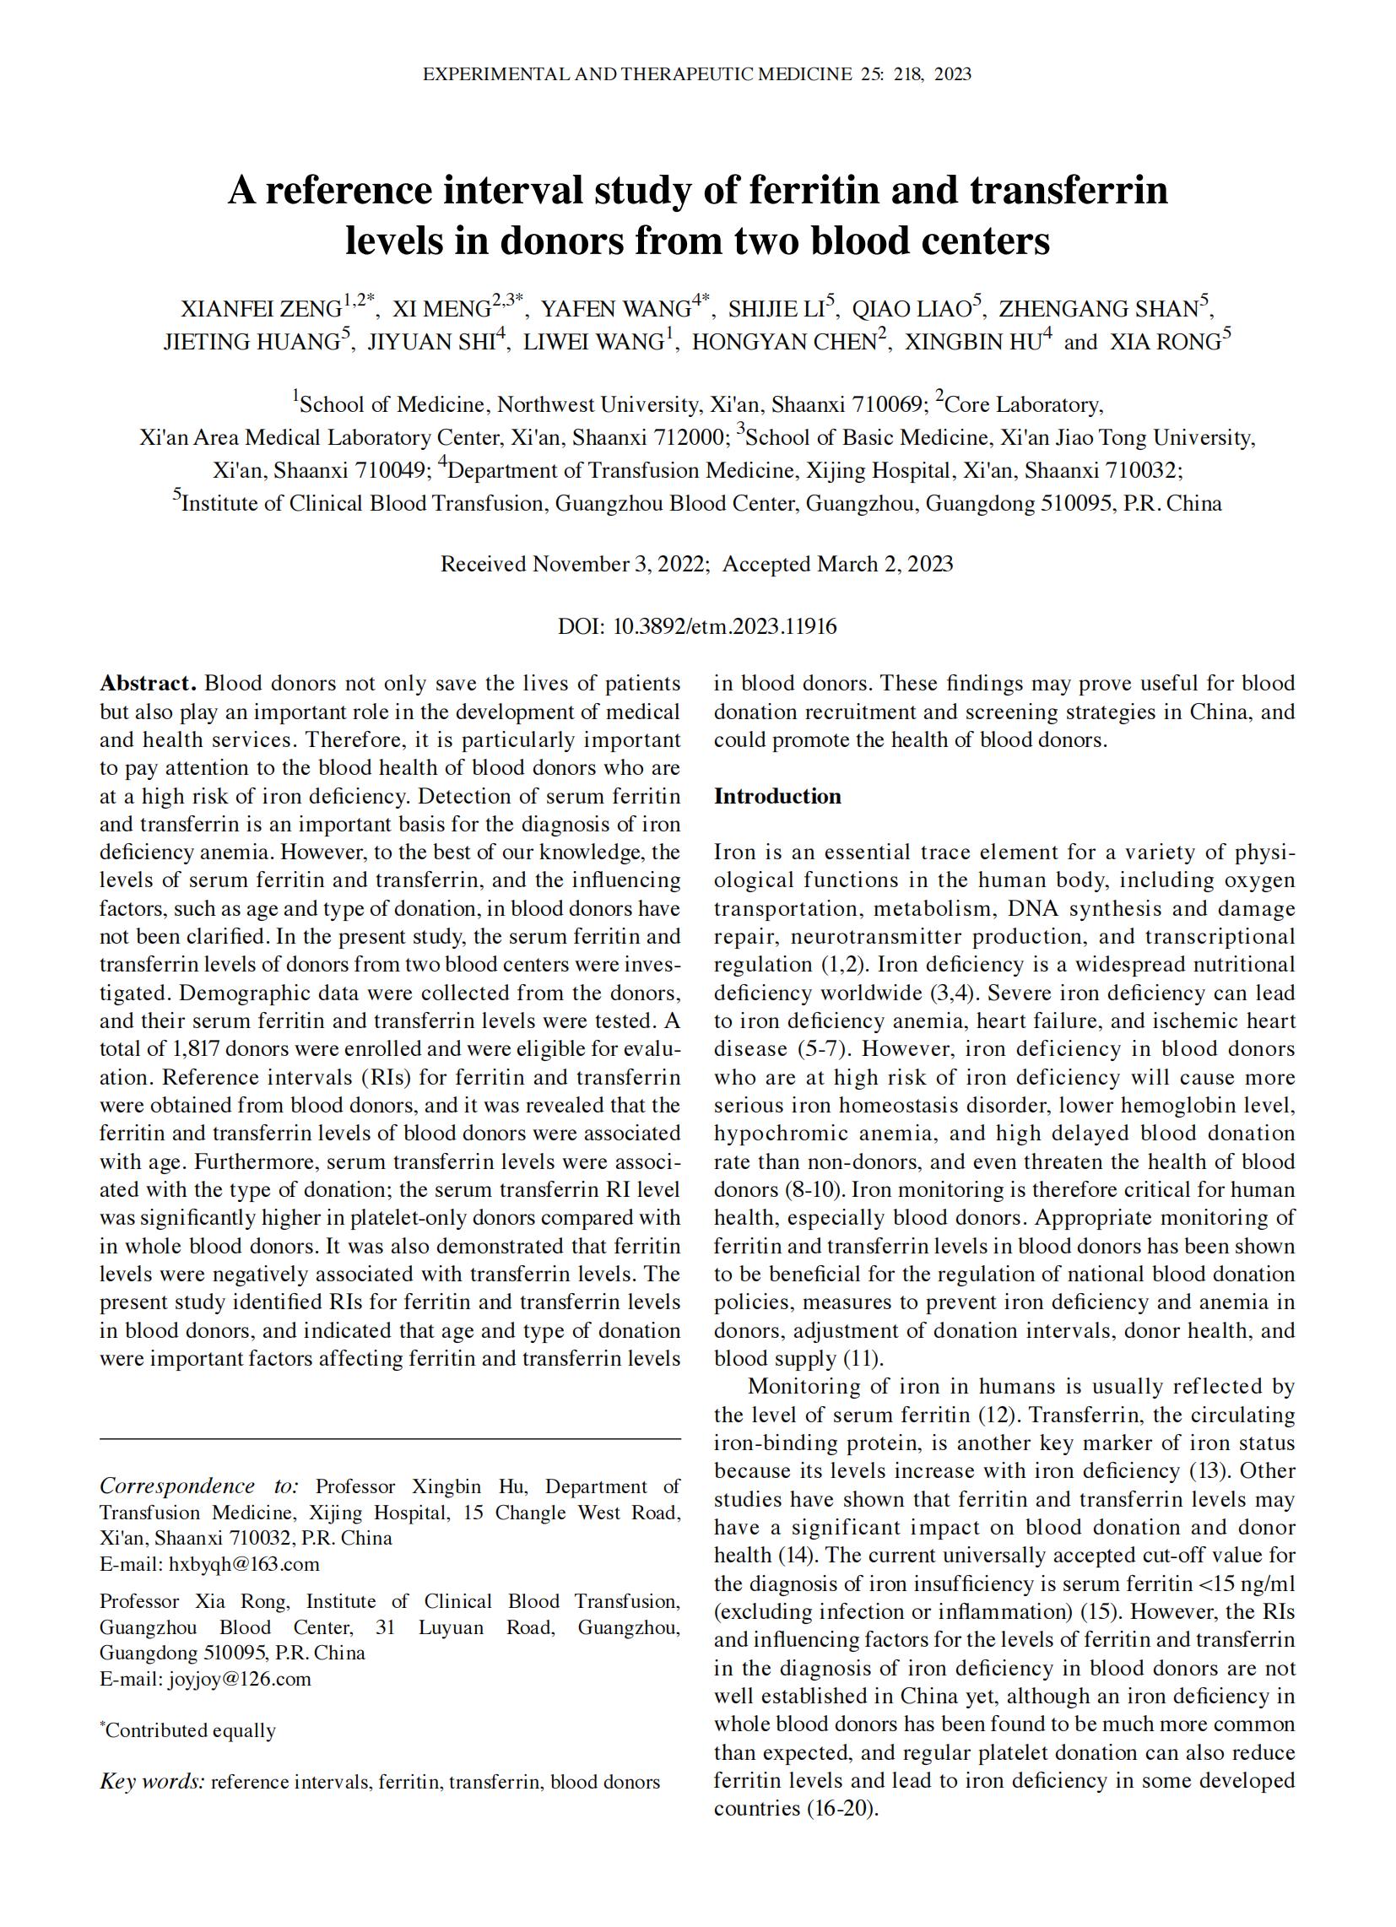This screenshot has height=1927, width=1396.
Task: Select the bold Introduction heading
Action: pyautogui.click(x=776, y=796)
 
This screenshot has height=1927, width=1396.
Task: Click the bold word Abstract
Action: pyautogui.click(x=148, y=684)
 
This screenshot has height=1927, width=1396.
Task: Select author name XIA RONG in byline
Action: pyautogui.click(x=1165, y=343)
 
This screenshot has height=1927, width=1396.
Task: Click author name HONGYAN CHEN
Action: pyautogui.click(x=782, y=343)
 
